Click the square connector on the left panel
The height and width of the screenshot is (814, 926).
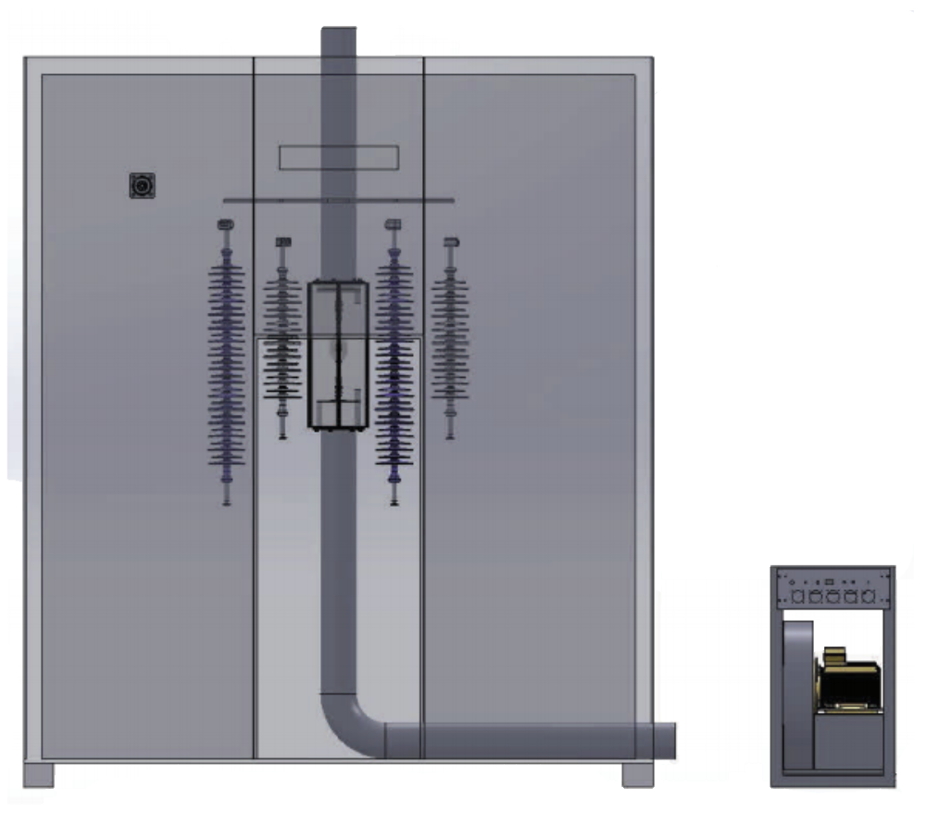[x=141, y=186]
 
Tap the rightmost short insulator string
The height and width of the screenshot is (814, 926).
[x=450, y=338]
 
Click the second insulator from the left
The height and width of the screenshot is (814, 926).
[x=282, y=338]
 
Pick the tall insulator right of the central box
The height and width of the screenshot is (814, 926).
[x=394, y=366]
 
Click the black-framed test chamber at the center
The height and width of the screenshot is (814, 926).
[x=338, y=354]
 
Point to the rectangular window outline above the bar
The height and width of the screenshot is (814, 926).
[x=339, y=158]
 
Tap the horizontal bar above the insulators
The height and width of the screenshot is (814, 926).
[x=339, y=200]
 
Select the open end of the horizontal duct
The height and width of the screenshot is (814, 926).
[x=669, y=740]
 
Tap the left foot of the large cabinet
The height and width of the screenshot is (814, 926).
[x=38, y=774]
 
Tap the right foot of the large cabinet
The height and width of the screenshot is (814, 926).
[x=638, y=774]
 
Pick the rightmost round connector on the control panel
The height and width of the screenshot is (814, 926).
[x=868, y=596]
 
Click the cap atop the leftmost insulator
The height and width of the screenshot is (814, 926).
[x=225, y=225]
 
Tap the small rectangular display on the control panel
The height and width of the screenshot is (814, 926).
[x=830, y=582]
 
